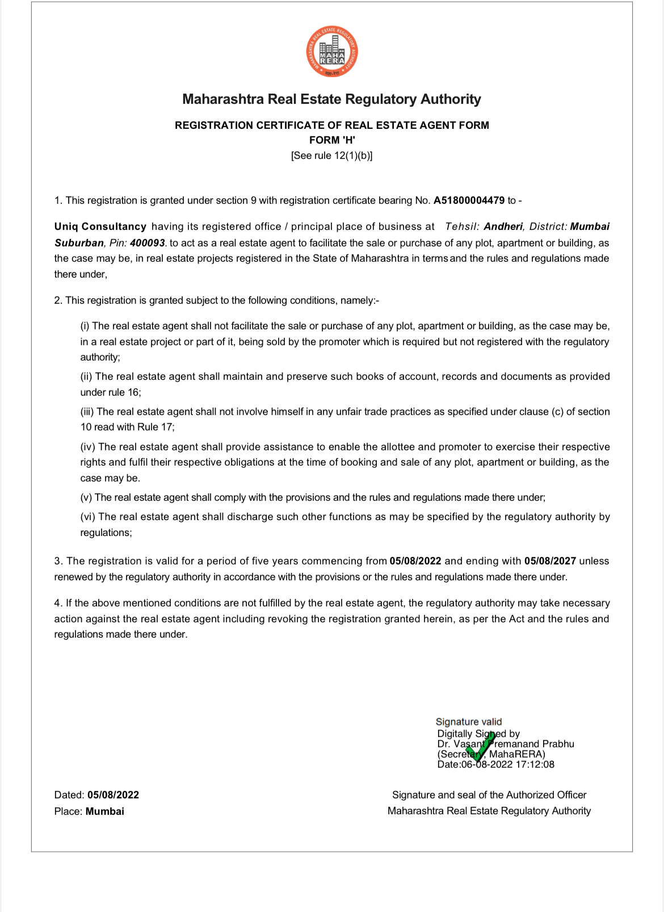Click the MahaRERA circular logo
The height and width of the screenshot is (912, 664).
(x=332, y=52)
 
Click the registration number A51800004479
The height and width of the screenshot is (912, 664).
(x=469, y=200)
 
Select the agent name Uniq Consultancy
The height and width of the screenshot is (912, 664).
(x=100, y=227)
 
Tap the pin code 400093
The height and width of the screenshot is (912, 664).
(x=148, y=243)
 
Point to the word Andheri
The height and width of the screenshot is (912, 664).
(x=503, y=227)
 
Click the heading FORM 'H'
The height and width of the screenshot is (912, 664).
(x=332, y=140)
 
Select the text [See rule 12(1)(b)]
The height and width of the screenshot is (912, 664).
(x=332, y=156)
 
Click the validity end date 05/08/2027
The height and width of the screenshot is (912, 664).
(x=550, y=561)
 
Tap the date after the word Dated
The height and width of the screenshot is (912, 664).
(x=113, y=795)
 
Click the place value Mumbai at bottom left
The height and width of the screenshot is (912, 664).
(x=105, y=811)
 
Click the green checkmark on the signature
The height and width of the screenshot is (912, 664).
(x=480, y=746)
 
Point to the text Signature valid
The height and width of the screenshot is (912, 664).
(x=469, y=722)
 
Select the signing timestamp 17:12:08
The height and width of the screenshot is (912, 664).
(x=535, y=764)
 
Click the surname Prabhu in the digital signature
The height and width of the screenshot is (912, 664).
(x=558, y=744)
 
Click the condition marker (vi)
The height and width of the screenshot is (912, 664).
(x=88, y=517)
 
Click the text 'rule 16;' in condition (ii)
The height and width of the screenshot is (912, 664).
(x=125, y=392)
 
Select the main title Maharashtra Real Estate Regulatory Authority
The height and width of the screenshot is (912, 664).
(x=332, y=99)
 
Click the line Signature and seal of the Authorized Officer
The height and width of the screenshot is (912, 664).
(x=489, y=795)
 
